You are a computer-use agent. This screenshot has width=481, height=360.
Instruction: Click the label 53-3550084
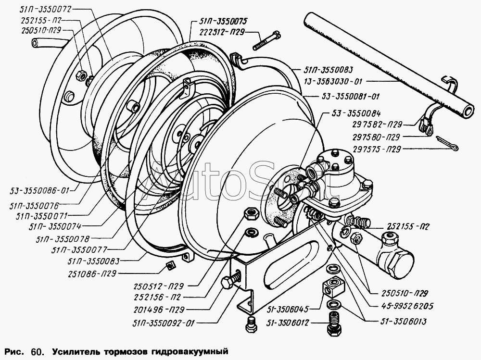(356, 113)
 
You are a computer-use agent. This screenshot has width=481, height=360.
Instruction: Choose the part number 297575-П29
(377, 149)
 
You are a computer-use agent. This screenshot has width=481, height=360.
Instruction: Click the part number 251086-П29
(92, 273)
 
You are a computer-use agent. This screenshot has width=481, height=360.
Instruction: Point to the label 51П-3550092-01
(164, 323)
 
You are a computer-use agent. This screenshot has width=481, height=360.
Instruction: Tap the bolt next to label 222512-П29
(266, 40)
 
